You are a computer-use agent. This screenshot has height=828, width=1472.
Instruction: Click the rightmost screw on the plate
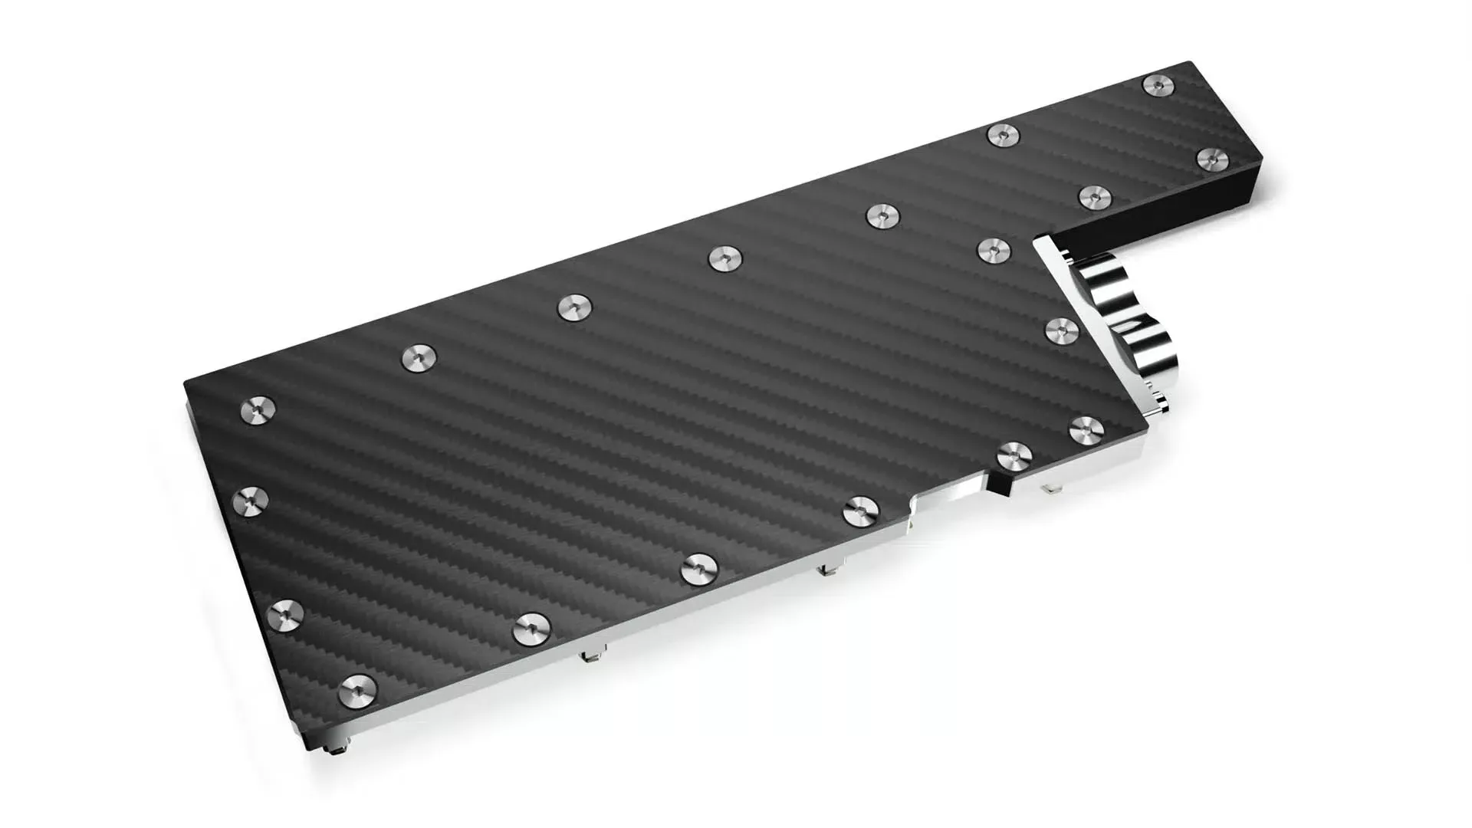coord(1212,159)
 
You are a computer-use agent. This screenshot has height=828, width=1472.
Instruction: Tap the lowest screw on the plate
coord(357,688)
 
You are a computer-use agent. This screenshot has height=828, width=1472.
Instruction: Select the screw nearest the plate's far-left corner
coord(258,410)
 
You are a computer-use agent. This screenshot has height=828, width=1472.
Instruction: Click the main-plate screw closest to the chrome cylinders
coord(1063,330)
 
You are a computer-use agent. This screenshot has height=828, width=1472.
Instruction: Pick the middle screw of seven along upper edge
coord(725,258)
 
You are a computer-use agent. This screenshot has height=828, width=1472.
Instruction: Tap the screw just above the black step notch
coord(1014,456)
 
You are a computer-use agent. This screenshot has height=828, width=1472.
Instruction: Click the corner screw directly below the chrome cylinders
coord(1085,428)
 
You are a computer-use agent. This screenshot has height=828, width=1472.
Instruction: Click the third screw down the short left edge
coord(286,614)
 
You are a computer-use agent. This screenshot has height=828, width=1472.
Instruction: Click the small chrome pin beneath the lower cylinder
coord(1158,399)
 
